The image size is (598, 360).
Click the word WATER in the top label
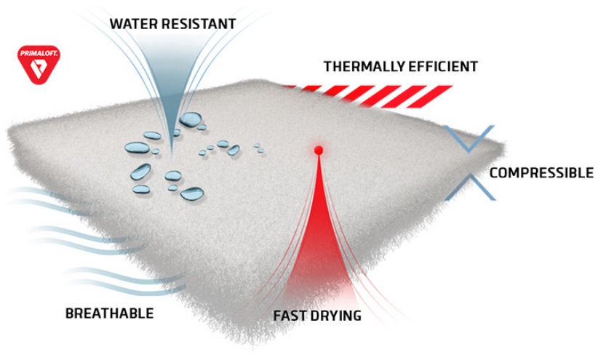[133, 24]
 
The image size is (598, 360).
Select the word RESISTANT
[198, 24]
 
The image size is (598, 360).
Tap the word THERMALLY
[364, 66]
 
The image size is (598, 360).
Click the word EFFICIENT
[442, 66]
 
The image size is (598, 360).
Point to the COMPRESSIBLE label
[541, 173]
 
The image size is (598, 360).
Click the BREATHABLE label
[109, 313]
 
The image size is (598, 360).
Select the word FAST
[290, 316]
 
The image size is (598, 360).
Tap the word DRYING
[335, 316]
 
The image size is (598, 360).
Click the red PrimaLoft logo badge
[39, 64]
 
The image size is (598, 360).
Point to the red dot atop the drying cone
[319, 150]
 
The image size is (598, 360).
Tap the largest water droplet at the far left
[137, 148]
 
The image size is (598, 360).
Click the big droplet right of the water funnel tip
[191, 119]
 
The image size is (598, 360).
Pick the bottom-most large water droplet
[192, 193]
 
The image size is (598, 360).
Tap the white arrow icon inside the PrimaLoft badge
[39, 69]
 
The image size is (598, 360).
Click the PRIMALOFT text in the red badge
[39, 53]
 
